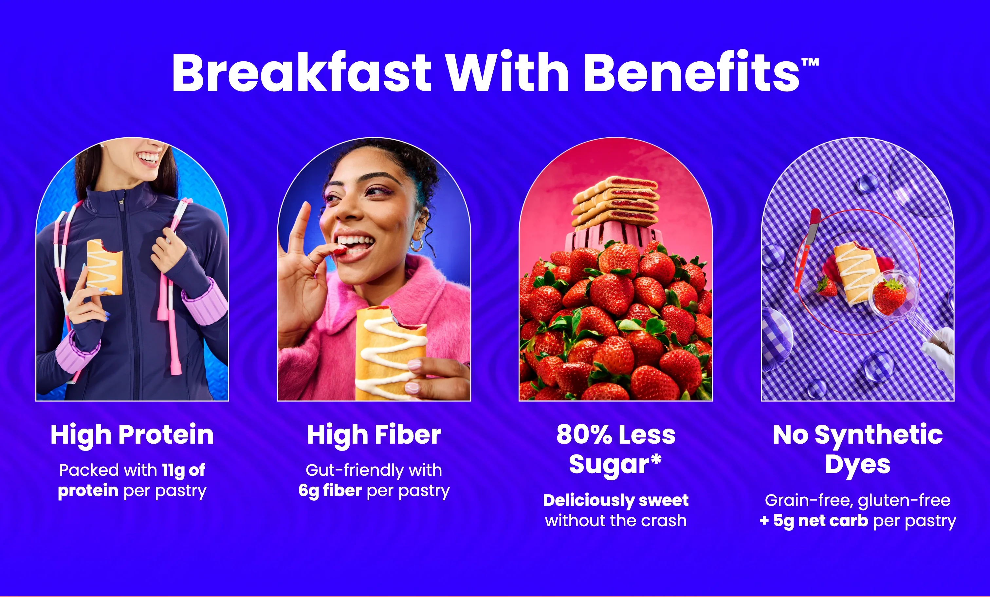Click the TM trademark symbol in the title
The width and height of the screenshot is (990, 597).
point(810,62)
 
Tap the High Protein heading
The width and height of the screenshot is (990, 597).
point(132,435)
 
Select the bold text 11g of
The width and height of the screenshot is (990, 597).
point(184,470)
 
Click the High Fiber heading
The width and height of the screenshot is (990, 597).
point(374,435)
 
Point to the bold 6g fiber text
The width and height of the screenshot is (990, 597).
point(330,491)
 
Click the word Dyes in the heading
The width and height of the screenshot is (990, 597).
point(857,465)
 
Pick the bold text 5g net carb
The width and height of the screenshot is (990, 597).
point(820,521)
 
